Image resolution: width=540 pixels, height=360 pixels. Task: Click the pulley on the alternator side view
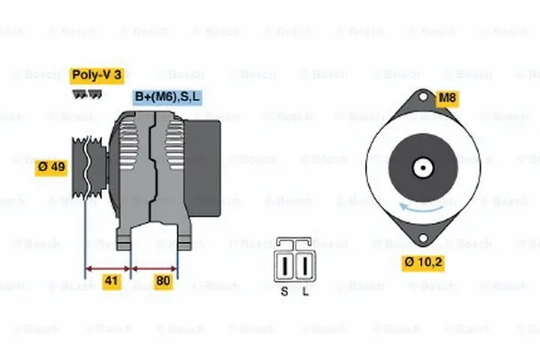click(x=84, y=168)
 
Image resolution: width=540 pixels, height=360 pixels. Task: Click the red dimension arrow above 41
click(x=108, y=267)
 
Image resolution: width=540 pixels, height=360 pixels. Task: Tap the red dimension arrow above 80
click(x=155, y=267)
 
